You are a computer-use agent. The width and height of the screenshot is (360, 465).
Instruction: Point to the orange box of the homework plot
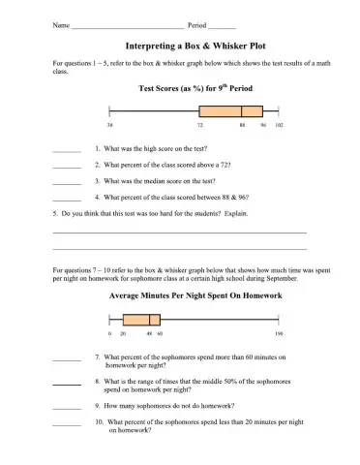[x=139, y=319]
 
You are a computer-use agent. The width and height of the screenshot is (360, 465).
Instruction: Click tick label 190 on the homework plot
[x=278, y=333]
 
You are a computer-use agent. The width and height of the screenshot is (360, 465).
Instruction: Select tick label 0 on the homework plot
[x=110, y=333]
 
